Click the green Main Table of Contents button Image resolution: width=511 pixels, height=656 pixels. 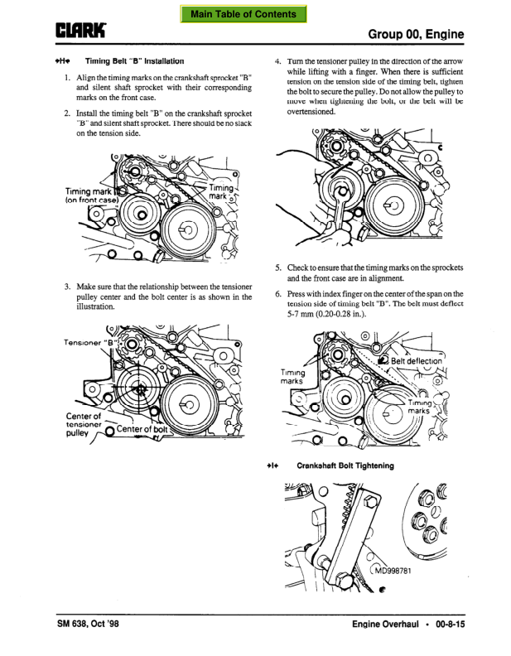pos(243,14)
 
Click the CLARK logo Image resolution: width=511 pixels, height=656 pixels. pos(80,31)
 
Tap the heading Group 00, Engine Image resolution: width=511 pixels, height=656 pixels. pos(416,34)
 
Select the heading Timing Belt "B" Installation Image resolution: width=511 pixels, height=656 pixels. pos(134,61)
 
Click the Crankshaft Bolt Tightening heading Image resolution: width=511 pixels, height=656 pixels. pos(345,465)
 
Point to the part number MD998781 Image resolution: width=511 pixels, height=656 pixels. pos(393,571)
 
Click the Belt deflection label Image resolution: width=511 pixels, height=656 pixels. pos(416,360)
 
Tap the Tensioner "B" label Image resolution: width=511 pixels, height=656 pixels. pos(89,342)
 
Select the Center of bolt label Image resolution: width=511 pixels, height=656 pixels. pos(142,429)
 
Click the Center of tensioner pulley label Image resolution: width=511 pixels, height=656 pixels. pos(84,424)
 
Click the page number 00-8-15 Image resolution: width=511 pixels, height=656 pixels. pos(450,625)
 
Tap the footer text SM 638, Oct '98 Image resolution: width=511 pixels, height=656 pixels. pos(88,624)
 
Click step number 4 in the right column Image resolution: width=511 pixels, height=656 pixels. pos(277,61)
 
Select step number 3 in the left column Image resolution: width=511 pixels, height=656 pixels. pos(67,287)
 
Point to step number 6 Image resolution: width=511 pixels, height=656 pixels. pos(278,294)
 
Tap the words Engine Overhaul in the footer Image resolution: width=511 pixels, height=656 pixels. pos(385,625)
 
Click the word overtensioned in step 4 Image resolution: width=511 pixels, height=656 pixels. pos(311,112)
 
